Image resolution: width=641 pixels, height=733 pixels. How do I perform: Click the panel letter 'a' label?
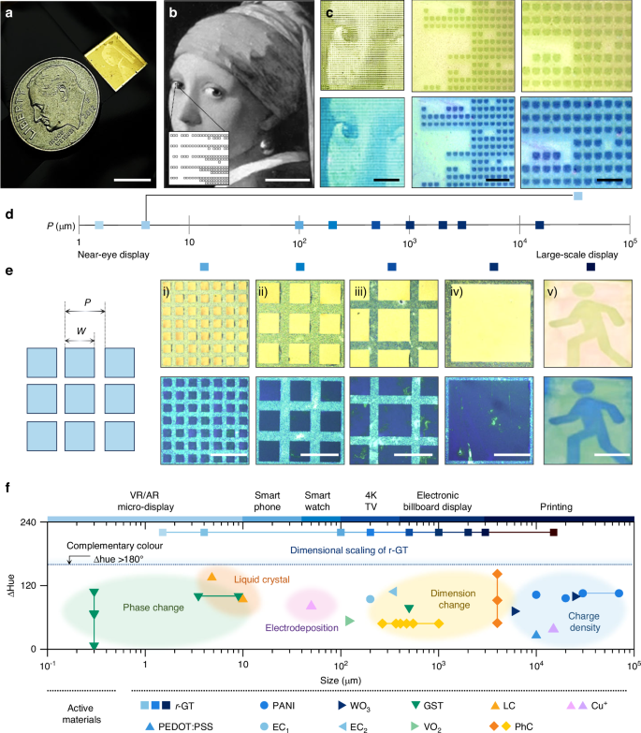point(9,13)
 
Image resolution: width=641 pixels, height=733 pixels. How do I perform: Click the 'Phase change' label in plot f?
point(153,608)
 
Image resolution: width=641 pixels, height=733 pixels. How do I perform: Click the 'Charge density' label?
point(573,622)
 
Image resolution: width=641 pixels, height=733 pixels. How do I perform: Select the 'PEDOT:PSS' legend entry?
point(183,726)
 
